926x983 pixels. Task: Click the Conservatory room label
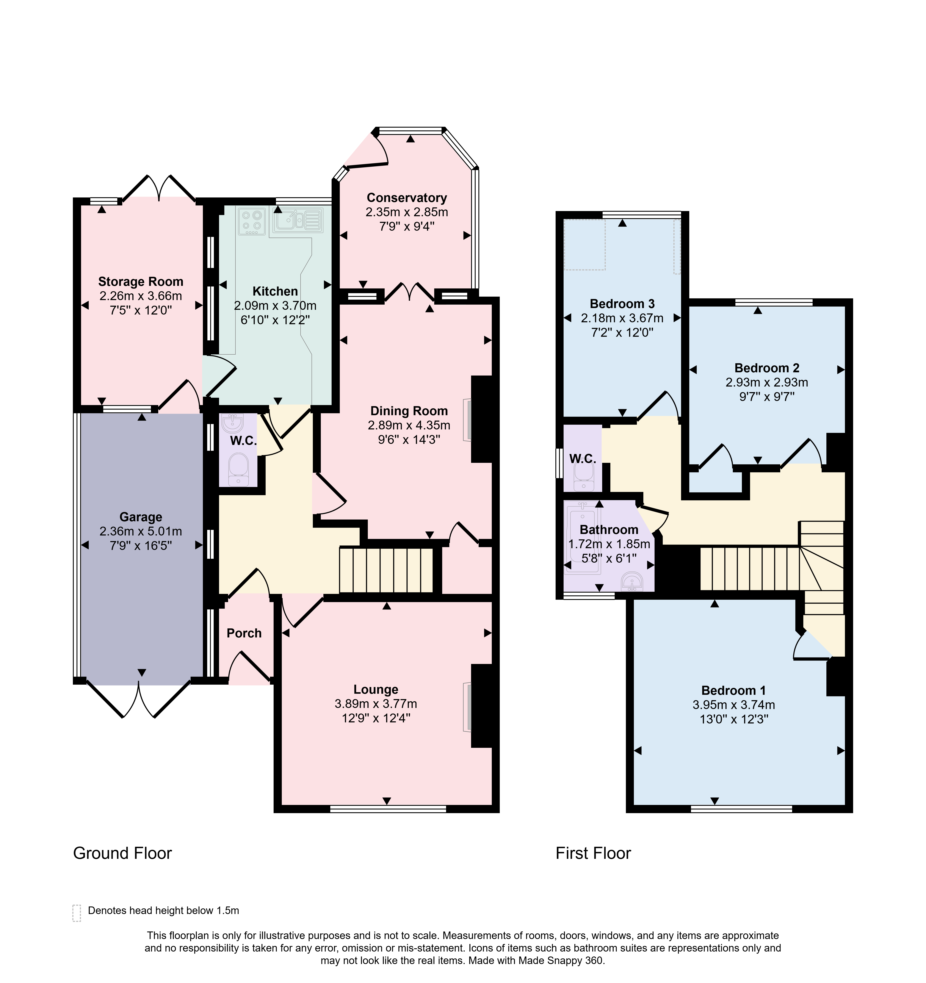point(407,198)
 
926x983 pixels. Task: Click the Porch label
point(244,633)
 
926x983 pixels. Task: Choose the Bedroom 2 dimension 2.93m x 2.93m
point(767,382)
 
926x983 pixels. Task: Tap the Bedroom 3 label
point(622,304)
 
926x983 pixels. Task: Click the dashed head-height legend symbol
point(77,913)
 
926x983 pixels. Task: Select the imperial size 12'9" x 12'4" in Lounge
point(376,718)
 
